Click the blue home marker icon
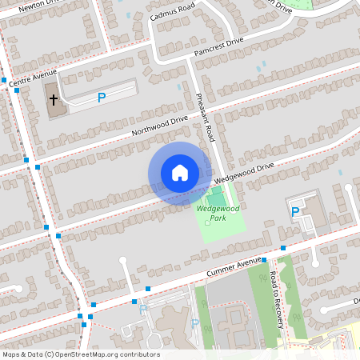[180, 173]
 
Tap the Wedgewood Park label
[212, 213]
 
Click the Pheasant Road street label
[205, 115]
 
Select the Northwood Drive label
[161, 126]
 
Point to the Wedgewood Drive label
[243, 173]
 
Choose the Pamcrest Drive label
[218, 48]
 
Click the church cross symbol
[54, 100]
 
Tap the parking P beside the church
[102, 98]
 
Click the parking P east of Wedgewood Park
[295, 212]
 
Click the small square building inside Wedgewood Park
[207, 222]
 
